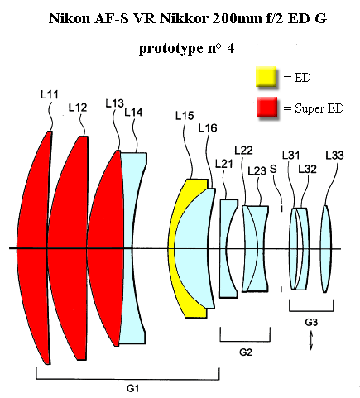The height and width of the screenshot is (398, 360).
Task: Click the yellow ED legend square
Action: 266,77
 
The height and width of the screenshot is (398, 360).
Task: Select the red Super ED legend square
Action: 266,107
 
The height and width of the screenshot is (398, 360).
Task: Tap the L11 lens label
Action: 50,95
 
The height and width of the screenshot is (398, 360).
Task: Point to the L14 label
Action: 133,113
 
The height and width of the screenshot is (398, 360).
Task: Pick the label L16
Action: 208,128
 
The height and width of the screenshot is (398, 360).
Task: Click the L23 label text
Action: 257,171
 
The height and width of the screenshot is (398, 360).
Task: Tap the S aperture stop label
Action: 273,169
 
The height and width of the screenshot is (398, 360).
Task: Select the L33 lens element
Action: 326,248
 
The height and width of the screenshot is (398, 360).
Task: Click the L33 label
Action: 334,156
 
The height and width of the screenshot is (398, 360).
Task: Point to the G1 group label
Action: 132,389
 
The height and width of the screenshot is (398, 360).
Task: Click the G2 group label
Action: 245,352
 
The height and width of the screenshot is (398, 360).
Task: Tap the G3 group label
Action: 311,322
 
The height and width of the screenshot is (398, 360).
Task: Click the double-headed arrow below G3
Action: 311,341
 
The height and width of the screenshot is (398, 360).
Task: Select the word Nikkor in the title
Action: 184,19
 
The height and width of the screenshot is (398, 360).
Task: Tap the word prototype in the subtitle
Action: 171,49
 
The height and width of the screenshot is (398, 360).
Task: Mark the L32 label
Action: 307,169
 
